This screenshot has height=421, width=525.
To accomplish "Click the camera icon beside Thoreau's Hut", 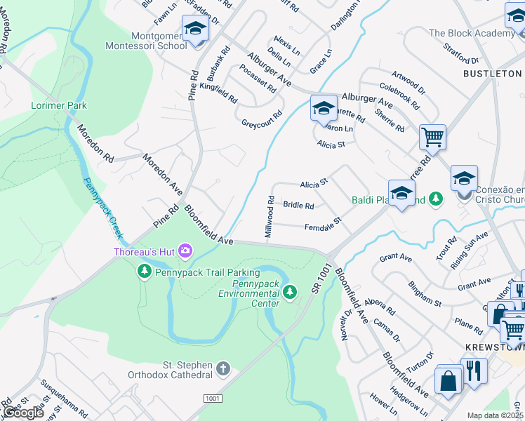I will point(185,250).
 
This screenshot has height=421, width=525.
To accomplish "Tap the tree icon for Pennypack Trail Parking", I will point(145,271).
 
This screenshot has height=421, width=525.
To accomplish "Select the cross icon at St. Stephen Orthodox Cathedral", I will point(222,368).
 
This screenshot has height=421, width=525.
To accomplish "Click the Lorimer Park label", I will point(59,105).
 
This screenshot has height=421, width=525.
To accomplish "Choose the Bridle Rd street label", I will point(298,206).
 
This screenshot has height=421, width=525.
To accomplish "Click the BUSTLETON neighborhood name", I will point(492,73).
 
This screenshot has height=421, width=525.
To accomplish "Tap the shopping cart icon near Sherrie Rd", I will point(432,136).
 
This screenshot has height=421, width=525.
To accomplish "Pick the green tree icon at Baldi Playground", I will point(436,200).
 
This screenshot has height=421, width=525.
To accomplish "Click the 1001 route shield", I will point(213,398).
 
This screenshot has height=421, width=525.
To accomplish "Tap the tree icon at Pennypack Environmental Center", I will point(293,291).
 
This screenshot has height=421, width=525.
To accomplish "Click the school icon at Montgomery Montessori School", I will point(196,29).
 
